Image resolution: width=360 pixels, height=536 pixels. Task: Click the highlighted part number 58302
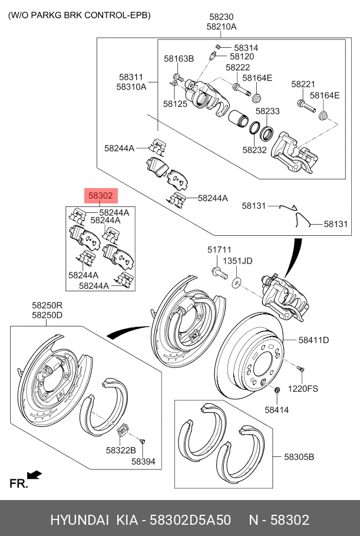click(100, 196)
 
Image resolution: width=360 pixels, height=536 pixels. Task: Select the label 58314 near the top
click(246, 47)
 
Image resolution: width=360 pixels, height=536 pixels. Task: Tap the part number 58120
click(242, 57)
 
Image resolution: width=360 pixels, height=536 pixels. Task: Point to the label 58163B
click(179, 58)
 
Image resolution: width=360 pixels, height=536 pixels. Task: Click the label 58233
click(267, 111)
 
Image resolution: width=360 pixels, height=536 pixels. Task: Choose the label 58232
click(255, 150)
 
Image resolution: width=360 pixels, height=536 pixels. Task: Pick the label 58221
click(303, 85)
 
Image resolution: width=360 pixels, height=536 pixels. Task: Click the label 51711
click(219, 250)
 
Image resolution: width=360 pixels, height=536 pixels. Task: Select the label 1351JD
click(238, 261)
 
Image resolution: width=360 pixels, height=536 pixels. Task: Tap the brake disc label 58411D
click(313, 340)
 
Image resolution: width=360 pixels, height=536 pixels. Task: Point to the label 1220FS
click(303, 389)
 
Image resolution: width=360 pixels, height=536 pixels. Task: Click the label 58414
click(276, 409)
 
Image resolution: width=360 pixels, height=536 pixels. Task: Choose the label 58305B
click(299, 456)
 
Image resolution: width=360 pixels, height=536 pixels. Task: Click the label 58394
click(143, 462)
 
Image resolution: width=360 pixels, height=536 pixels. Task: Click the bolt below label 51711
click(218, 273)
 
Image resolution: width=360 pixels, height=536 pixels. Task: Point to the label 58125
click(175, 103)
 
